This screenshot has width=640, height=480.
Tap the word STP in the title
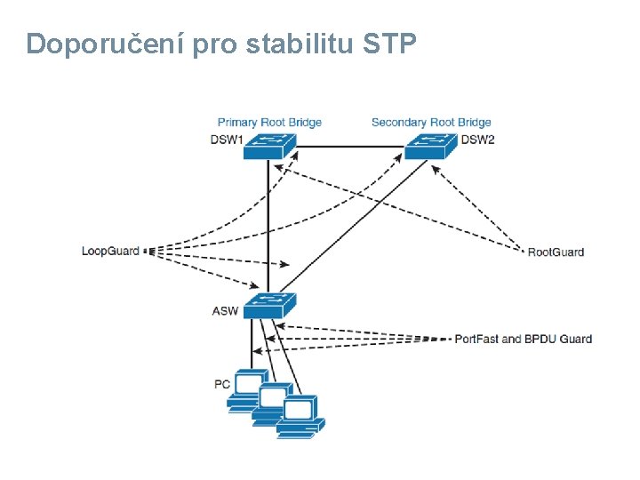tap(389, 44)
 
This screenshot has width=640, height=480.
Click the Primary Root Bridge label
tap(269, 122)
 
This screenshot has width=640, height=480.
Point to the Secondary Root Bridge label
tap(431, 122)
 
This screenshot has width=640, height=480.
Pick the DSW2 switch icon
tap(430, 145)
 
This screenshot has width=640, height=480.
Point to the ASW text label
tap(225, 311)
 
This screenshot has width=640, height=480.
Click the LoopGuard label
tap(110, 252)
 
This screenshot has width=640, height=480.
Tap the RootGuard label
tap(556, 252)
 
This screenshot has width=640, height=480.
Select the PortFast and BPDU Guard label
tap(523, 339)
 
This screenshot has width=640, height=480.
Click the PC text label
tap(222, 384)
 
